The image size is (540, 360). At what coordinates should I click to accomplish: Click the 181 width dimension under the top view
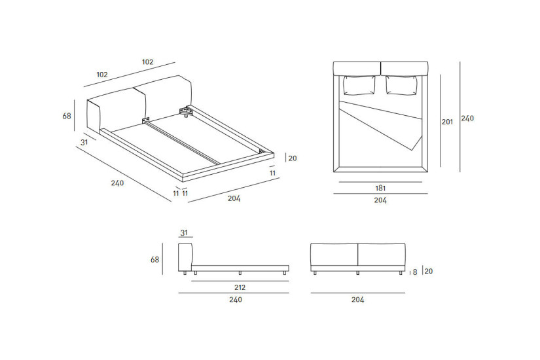[380, 188]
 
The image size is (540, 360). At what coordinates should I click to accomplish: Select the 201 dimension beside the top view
[447, 122]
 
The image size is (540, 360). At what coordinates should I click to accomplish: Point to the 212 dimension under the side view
[240, 287]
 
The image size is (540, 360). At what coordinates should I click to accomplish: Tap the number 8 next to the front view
[414, 272]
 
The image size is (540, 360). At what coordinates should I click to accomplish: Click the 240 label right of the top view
[467, 118]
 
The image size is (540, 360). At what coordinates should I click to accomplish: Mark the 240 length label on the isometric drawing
[117, 183]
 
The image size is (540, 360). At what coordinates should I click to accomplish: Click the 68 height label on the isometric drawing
[67, 116]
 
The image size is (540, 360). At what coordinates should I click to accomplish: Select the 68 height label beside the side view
[154, 259]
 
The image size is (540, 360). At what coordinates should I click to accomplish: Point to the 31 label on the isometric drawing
[84, 142]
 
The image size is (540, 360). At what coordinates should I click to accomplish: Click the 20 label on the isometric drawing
[293, 158]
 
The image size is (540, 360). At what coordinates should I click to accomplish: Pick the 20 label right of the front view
[429, 271]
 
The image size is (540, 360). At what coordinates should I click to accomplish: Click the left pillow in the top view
[359, 86]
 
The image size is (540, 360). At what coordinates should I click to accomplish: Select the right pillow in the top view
[402, 86]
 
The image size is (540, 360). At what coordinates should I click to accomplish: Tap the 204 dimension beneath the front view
[357, 300]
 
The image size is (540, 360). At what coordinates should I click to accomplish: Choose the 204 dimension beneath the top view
[380, 201]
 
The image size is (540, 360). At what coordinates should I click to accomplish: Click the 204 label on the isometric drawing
[234, 198]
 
